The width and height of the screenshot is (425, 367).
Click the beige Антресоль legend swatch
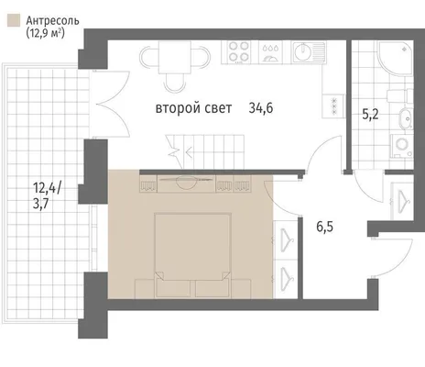14,20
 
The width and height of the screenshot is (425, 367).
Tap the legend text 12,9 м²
46,32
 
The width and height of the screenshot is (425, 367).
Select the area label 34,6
261,108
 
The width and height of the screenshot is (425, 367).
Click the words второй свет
194,108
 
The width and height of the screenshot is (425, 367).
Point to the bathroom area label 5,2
370,115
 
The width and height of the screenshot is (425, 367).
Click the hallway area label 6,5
324,227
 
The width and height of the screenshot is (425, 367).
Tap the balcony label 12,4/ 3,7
47,195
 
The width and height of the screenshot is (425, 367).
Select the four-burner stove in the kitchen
239,51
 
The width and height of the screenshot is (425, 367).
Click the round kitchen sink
302,51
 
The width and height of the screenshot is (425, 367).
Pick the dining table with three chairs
175,65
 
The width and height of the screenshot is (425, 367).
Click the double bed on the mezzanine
192,255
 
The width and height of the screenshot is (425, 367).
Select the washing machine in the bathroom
401,146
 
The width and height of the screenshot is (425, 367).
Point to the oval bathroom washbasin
406,117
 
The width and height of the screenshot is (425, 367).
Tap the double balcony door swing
113,105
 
